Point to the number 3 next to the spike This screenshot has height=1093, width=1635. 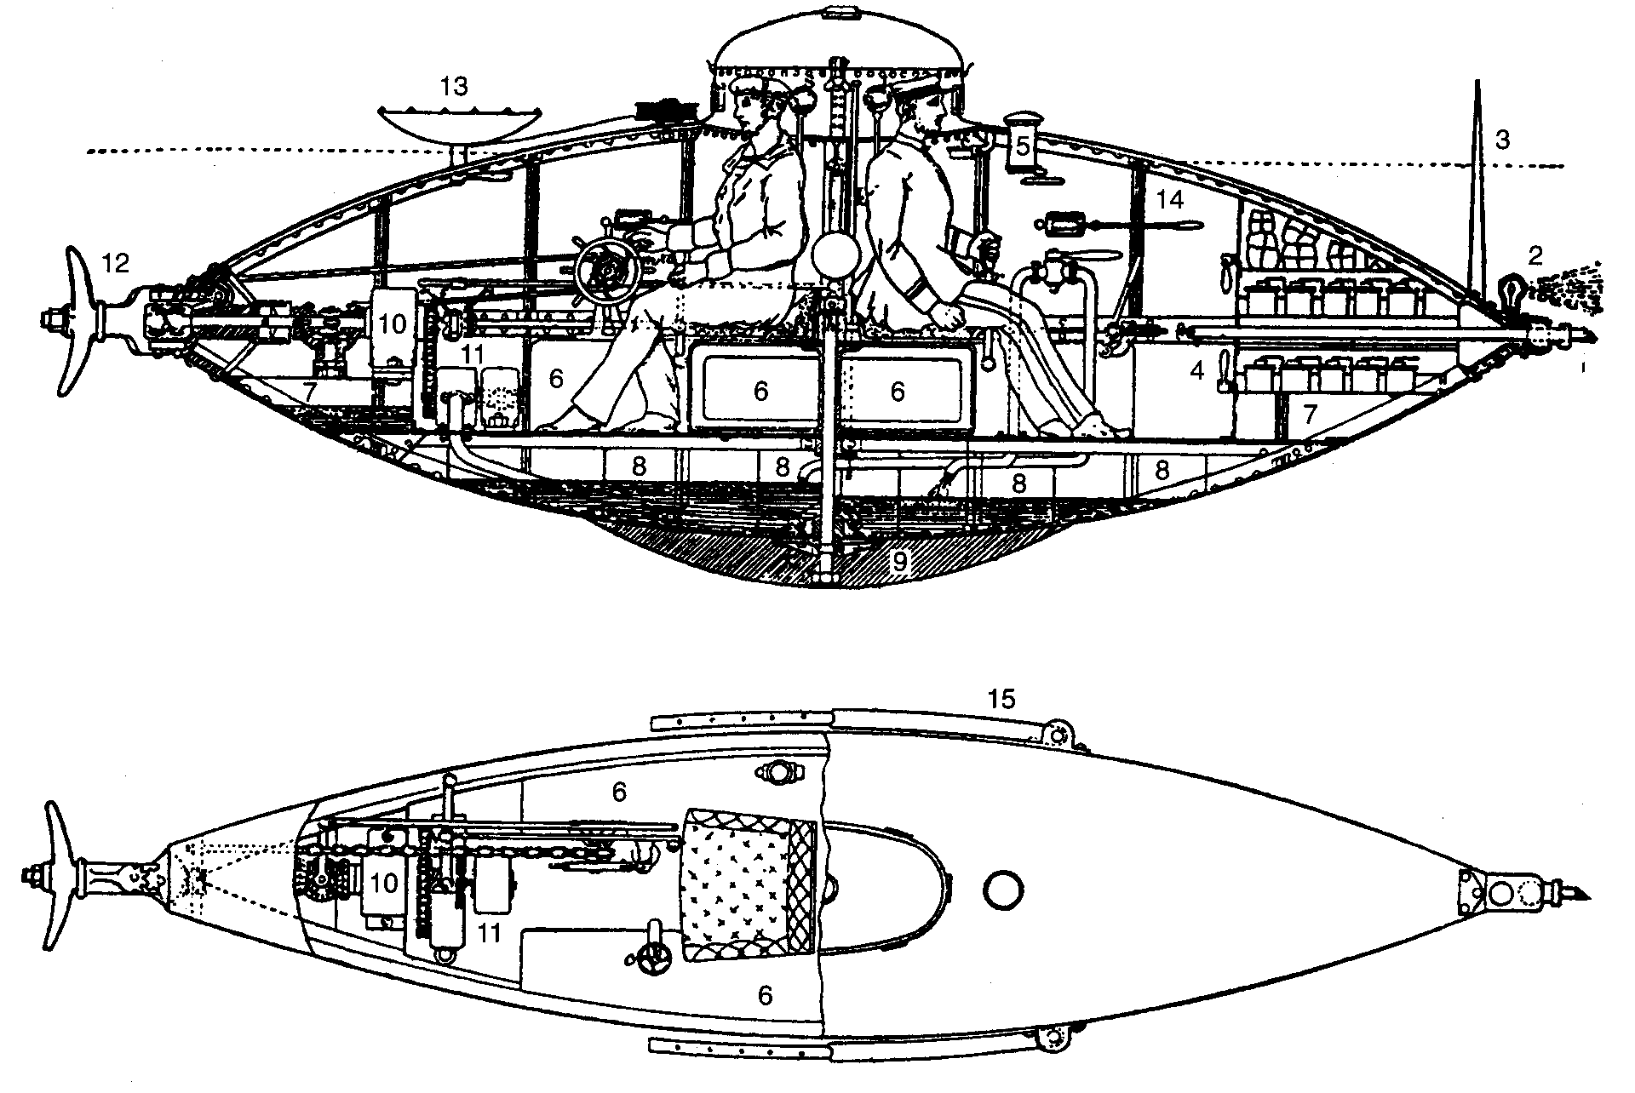coord(1502,140)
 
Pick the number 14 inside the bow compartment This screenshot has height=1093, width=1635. coord(1170,200)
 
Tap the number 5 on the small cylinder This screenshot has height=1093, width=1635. coord(1023,147)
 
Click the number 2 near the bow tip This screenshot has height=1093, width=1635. coord(1535,255)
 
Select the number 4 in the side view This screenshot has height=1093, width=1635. coord(1198,371)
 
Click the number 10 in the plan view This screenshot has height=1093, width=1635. coord(383,883)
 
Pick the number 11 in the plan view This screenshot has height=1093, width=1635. coord(489,933)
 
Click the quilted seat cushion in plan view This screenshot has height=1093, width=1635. coord(748,882)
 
